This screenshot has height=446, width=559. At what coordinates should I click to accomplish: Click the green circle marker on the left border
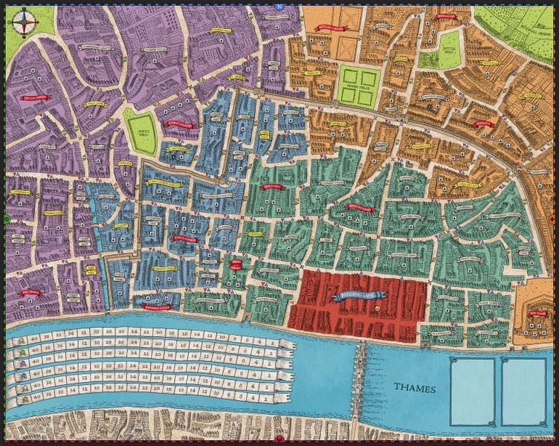[x=7, y=219]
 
